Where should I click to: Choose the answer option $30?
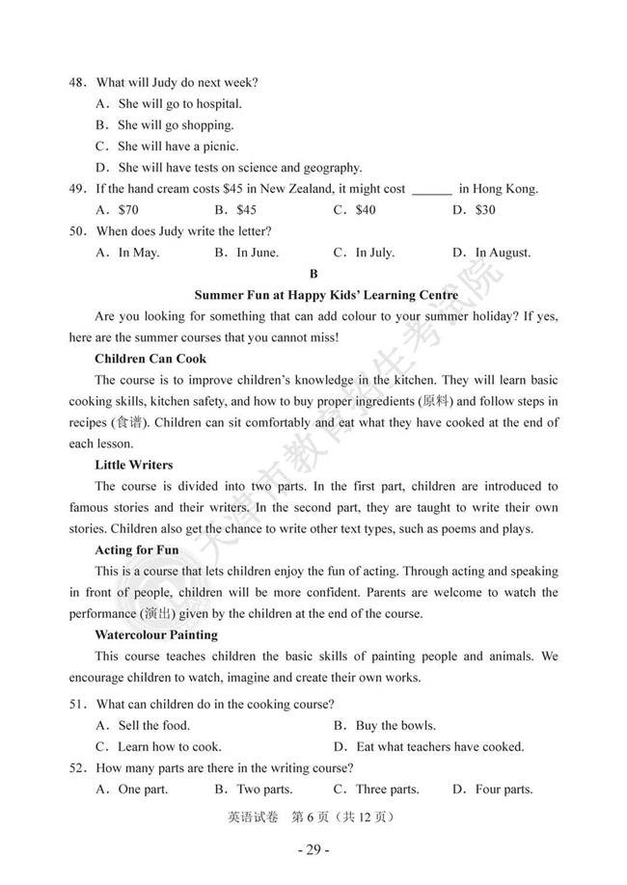tap(485, 210)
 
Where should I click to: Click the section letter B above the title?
tap(313, 274)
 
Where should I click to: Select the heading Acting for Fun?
tap(137, 550)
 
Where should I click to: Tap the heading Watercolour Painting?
tap(156, 634)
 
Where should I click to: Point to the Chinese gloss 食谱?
tap(126, 422)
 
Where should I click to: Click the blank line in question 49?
tap(431, 190)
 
